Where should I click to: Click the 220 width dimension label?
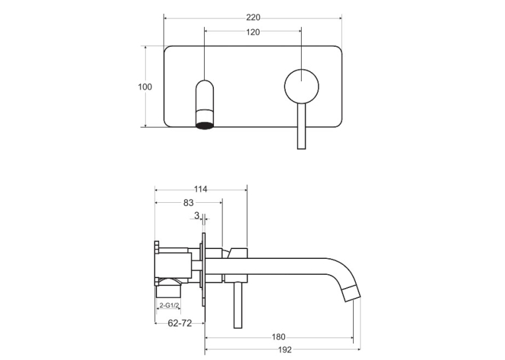[x=253, y=17]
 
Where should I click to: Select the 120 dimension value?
[x=253, y=32]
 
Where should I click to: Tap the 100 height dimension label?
[x=145, y=87]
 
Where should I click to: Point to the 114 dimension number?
[x=201, y=189]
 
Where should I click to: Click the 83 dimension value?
[x=188, y=203]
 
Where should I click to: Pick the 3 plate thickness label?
[x=197, y=215]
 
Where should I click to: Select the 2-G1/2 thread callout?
[x=170, y=305]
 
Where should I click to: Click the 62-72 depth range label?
[x=180, y=322]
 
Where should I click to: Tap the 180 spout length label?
[x=279, y=337]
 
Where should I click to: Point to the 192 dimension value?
[x=285, y=349]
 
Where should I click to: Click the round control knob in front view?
[x=302, y=87]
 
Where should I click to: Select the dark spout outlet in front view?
[x=205, y=126]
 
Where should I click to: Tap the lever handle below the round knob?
[x=301, y=126]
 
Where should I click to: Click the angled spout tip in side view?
[x=351, y=293]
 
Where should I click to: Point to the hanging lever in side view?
[x=238, y=305]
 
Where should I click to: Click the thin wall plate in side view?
[x=203, y=270]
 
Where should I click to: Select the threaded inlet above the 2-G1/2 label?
[x=168, y=288]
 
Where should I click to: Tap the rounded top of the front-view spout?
[x=205, y=85]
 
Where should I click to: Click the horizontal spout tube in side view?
[x=267, y=266]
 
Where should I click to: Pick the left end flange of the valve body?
[x=156, y=263]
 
